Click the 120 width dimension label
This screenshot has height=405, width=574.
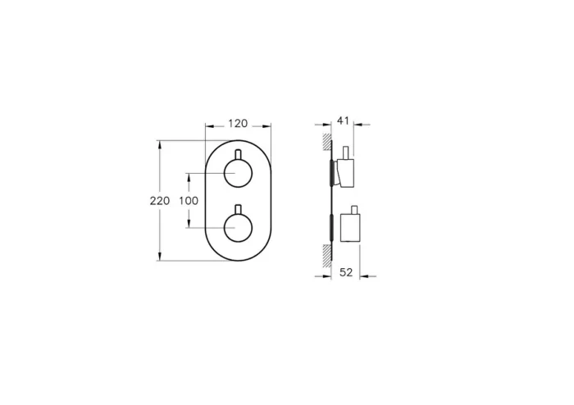pyautogui.click(x=237, y=123)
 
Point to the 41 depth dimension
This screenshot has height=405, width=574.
pyautogui.click(x=344, y=121)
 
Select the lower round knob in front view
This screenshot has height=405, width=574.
pyautogui.click(x=237, y=226)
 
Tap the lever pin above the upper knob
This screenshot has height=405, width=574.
pyautogui.click(x=237, y=156)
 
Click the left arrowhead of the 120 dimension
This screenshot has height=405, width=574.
pyautogui.click(x=207, y=128)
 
